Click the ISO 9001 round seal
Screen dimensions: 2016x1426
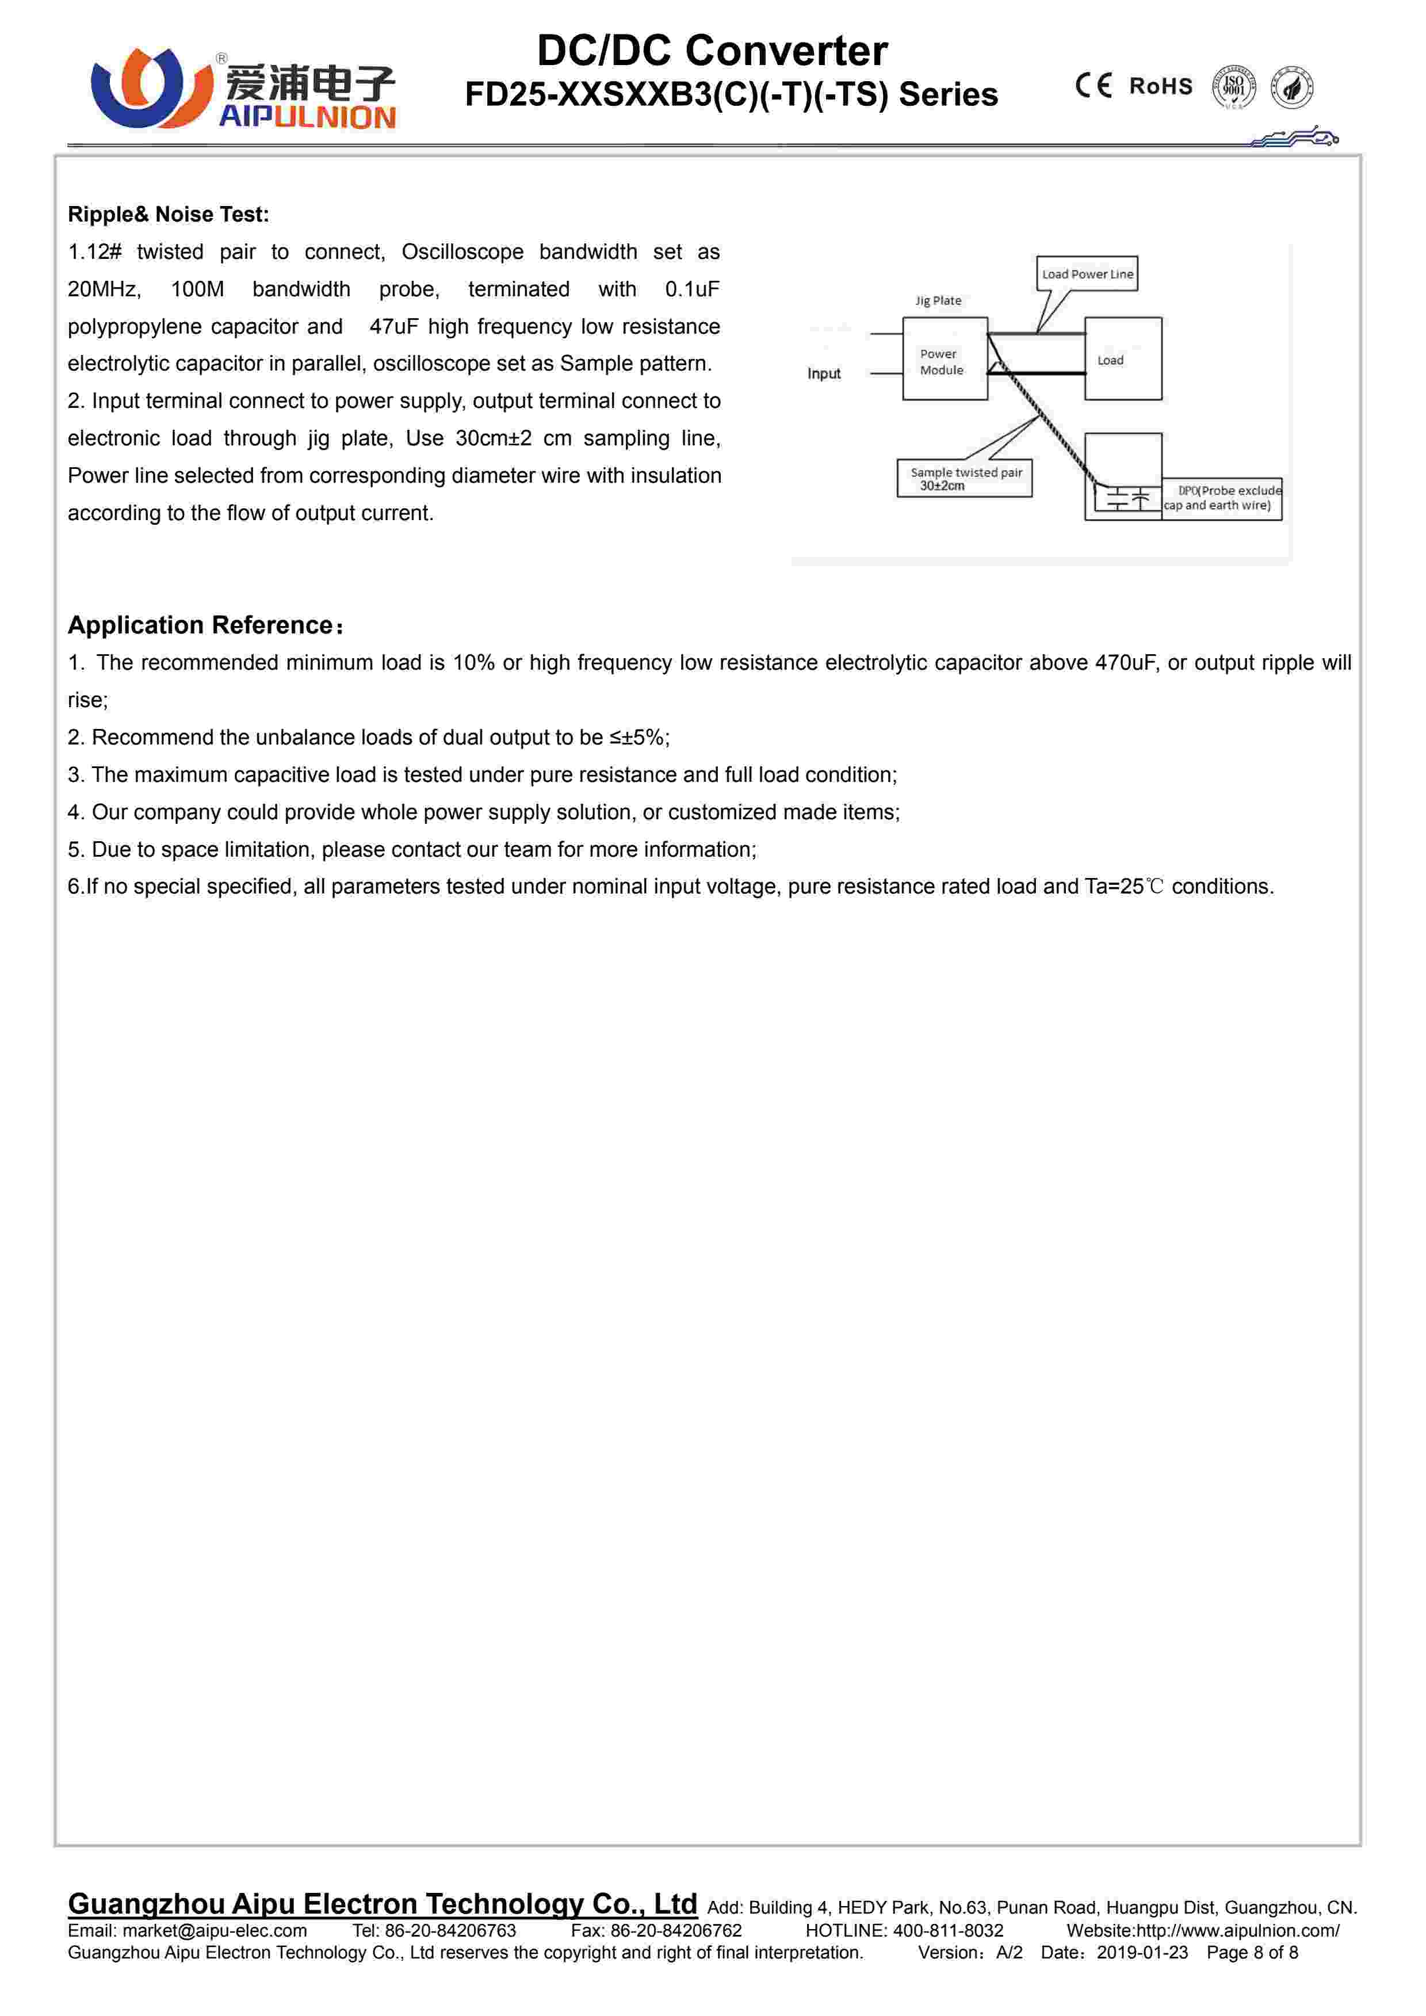coord(1234,87)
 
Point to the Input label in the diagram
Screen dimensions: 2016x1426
coord(824,373)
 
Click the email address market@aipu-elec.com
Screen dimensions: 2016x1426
coord(214,1931)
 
